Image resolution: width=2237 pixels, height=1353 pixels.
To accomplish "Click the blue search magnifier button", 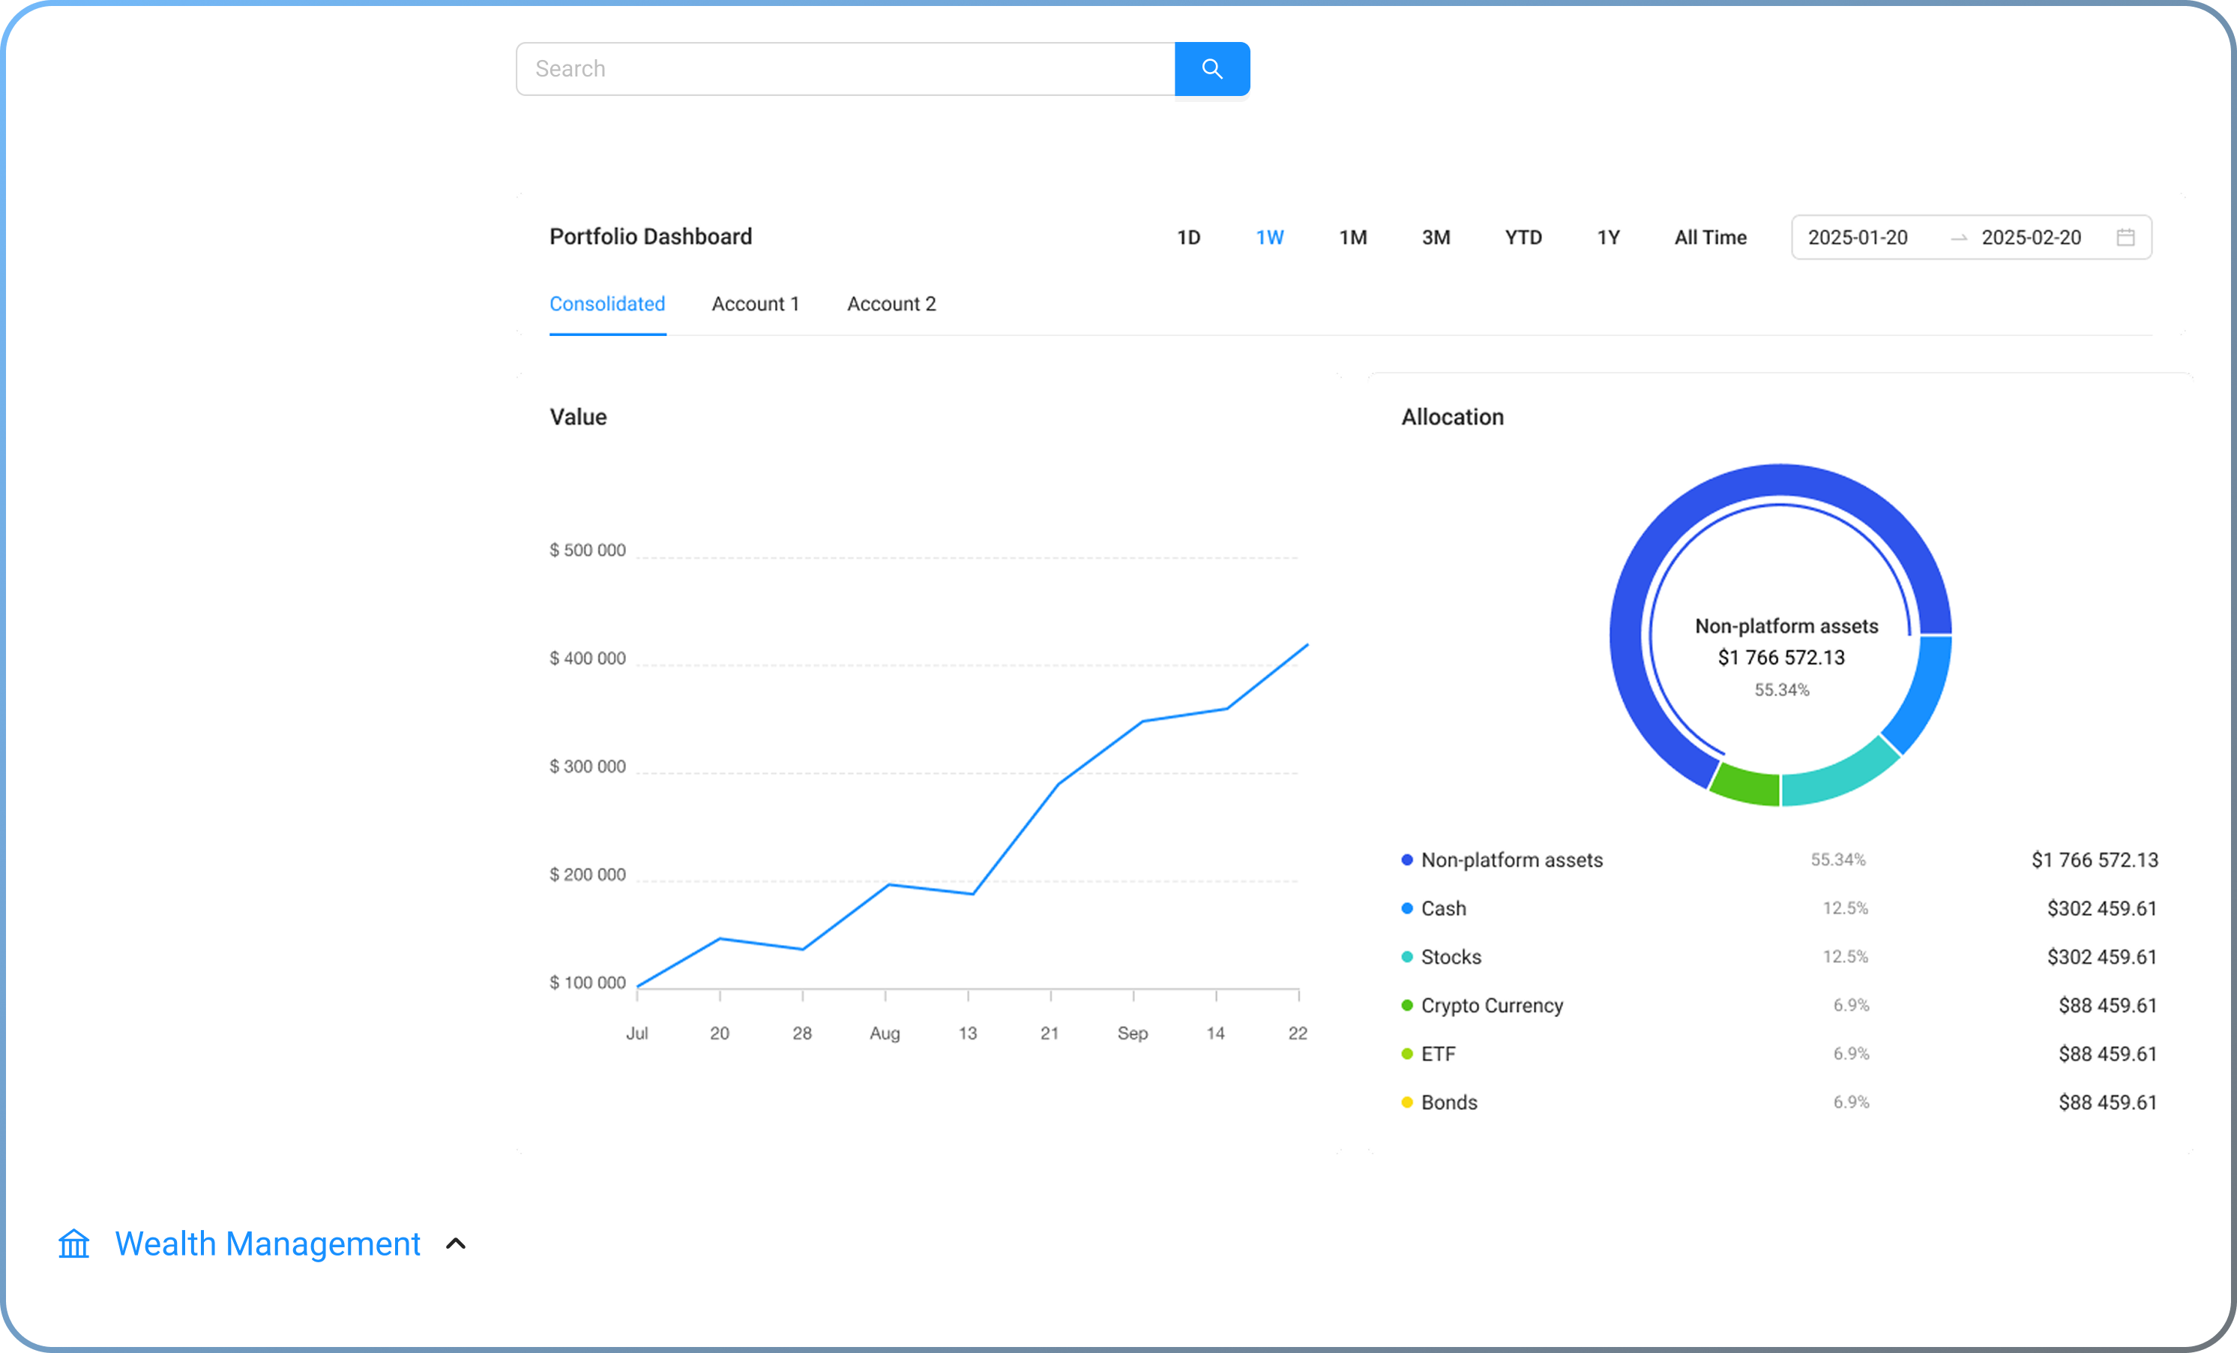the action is (1212, 69).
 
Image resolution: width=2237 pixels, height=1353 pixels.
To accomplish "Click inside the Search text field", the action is (845, 69).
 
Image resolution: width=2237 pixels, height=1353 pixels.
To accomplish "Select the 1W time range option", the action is (1269, 238).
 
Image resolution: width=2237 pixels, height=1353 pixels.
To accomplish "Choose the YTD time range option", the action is (1523, 238).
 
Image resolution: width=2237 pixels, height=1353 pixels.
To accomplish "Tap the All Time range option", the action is (1711, 238).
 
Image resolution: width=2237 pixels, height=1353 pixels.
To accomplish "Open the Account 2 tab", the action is (891, 304).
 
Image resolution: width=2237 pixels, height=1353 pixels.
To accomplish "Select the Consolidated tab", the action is (607, 304).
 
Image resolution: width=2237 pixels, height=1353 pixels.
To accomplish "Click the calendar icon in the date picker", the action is (2125, 237).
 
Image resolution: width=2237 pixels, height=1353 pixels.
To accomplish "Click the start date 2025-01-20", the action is (1858, 238).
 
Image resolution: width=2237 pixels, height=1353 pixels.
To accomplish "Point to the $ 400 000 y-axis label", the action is (588, 658).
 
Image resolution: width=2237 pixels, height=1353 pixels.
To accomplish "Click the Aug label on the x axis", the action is (885, 1033).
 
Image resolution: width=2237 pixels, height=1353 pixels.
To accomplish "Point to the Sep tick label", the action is (1132, 1033).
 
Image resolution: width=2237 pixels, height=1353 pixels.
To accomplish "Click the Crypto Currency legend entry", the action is (1492, 1005).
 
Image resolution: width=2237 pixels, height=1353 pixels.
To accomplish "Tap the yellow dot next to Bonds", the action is (1407, 1102).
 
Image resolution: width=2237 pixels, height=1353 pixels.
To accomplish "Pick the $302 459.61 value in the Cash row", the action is (2102, 908).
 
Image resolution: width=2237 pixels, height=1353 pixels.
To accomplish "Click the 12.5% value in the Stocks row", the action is (1846, 957).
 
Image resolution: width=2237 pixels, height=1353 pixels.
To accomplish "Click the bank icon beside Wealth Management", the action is (74, 1243).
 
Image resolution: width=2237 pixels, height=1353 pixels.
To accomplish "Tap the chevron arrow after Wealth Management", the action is (456, 1244).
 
